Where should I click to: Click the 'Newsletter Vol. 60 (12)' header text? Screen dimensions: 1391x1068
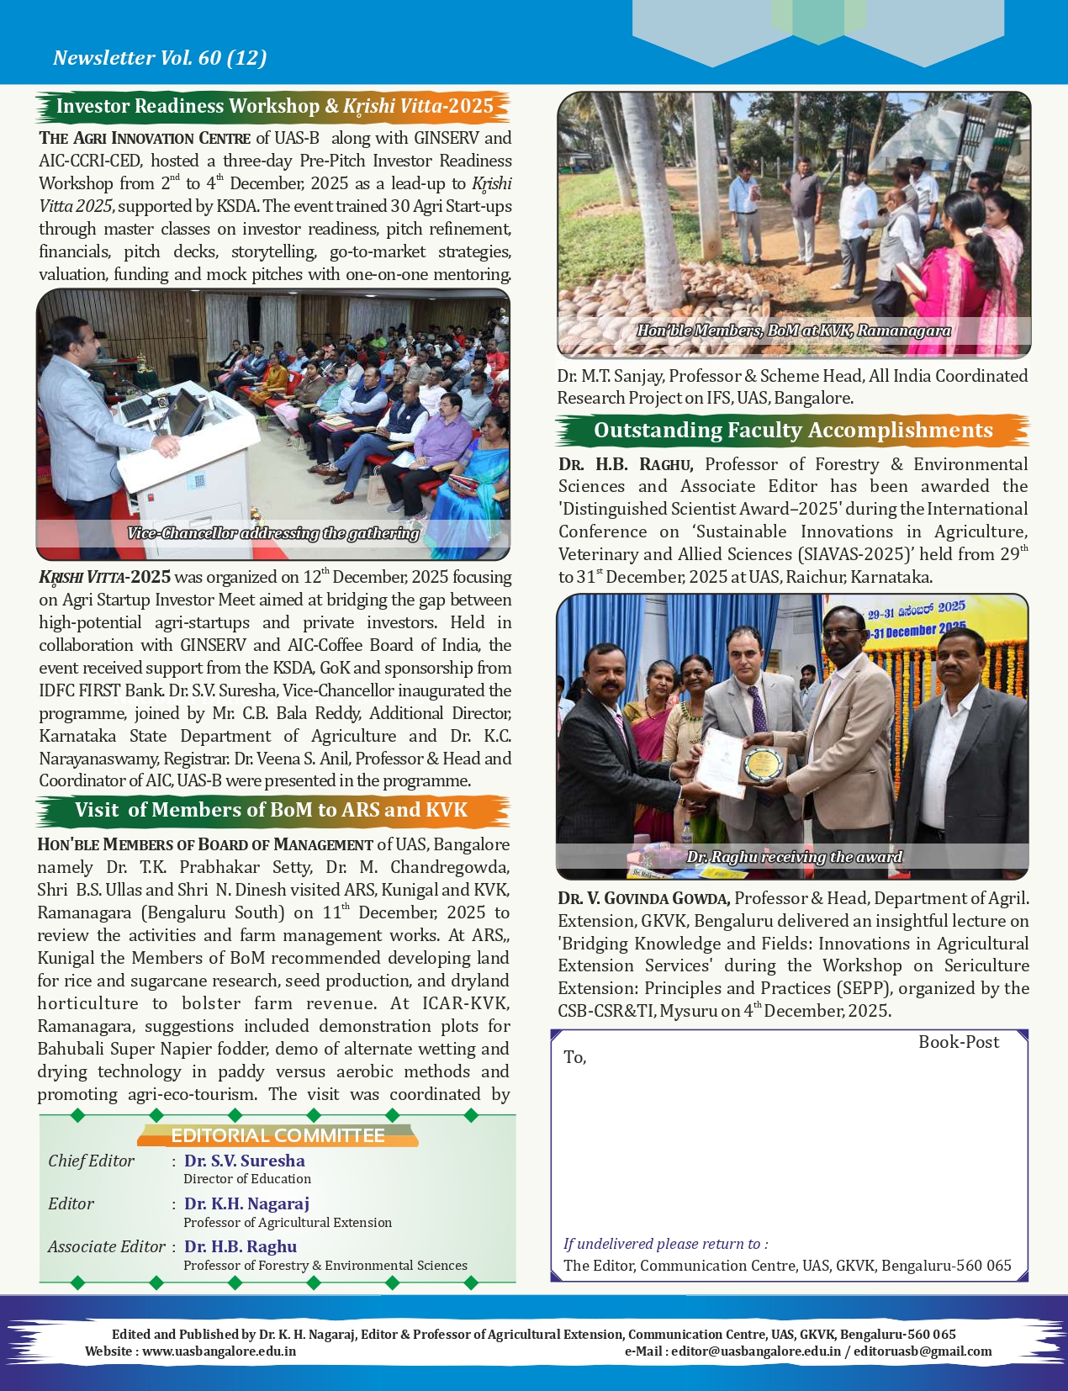(160, 57)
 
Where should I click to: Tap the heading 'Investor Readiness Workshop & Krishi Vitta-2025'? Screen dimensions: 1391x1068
(274, 106)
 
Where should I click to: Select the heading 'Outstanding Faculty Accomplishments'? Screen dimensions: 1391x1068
(792, 430)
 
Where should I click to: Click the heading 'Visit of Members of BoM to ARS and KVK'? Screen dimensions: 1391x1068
(271, 810)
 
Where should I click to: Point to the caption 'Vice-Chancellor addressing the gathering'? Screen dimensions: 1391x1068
(272, 533)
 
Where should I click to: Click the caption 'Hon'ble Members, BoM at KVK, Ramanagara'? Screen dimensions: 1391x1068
(793, 331)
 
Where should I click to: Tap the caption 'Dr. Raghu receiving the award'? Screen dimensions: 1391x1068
(794, 857)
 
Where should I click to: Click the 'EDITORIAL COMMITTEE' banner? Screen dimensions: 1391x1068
(278, 1135)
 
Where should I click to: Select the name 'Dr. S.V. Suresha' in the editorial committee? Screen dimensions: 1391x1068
(244, 1161)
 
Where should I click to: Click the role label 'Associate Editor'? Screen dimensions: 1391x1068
(106, 1246)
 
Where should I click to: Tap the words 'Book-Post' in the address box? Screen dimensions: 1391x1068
(958, 1042)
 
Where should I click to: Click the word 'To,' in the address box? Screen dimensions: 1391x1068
(575, 1057)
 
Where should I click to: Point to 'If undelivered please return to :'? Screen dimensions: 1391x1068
(665, 1244)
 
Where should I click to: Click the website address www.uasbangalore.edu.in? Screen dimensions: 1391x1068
(219, 1351)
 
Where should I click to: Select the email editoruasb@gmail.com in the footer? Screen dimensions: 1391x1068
(923, 1351)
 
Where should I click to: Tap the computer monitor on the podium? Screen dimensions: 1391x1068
(187, 412)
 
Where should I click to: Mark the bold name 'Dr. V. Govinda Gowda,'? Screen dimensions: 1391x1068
(643, 898)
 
